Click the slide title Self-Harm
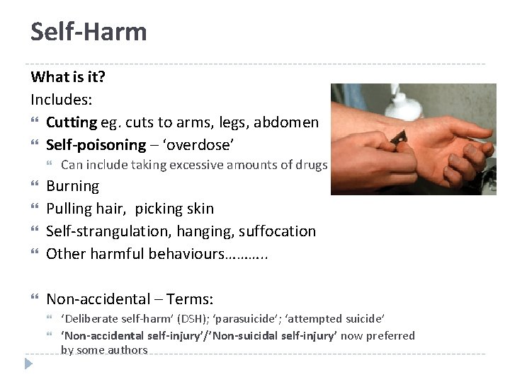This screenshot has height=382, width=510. pos(89,32)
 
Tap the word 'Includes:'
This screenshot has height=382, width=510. pos(62,100)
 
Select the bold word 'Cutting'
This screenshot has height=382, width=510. pos(72,122)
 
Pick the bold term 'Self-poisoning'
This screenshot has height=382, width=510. pos(96,145)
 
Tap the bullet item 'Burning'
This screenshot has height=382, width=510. pos(72,187)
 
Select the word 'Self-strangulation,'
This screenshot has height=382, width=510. pos(105,231)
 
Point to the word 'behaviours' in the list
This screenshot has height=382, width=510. pos(186,254)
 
